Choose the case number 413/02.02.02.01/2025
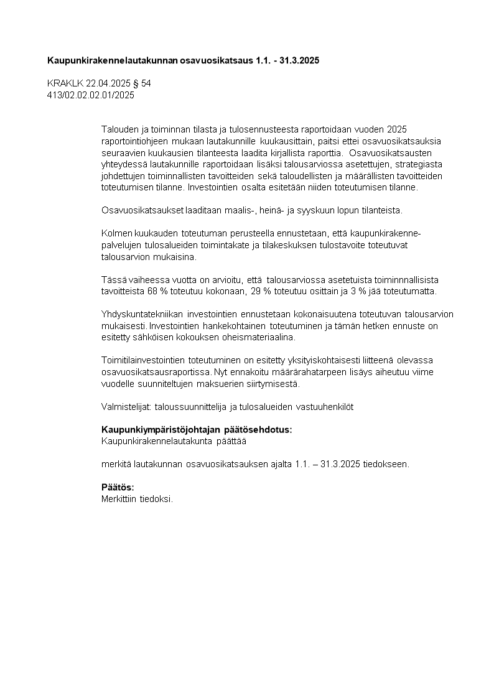pyautogui.click(x=91, y=95)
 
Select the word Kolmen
pyautogui.click(x=116, y=233)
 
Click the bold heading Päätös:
pyautogui.click(x=118, y=487)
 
